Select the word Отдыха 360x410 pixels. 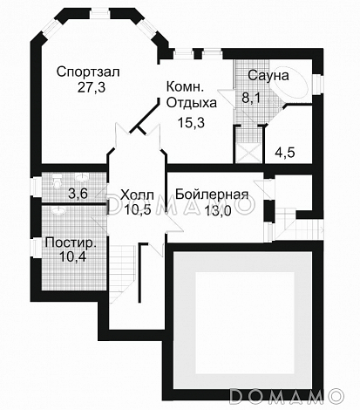pos(187,103)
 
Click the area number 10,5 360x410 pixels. pos(137,208)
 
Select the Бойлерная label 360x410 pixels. pos(212,194)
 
